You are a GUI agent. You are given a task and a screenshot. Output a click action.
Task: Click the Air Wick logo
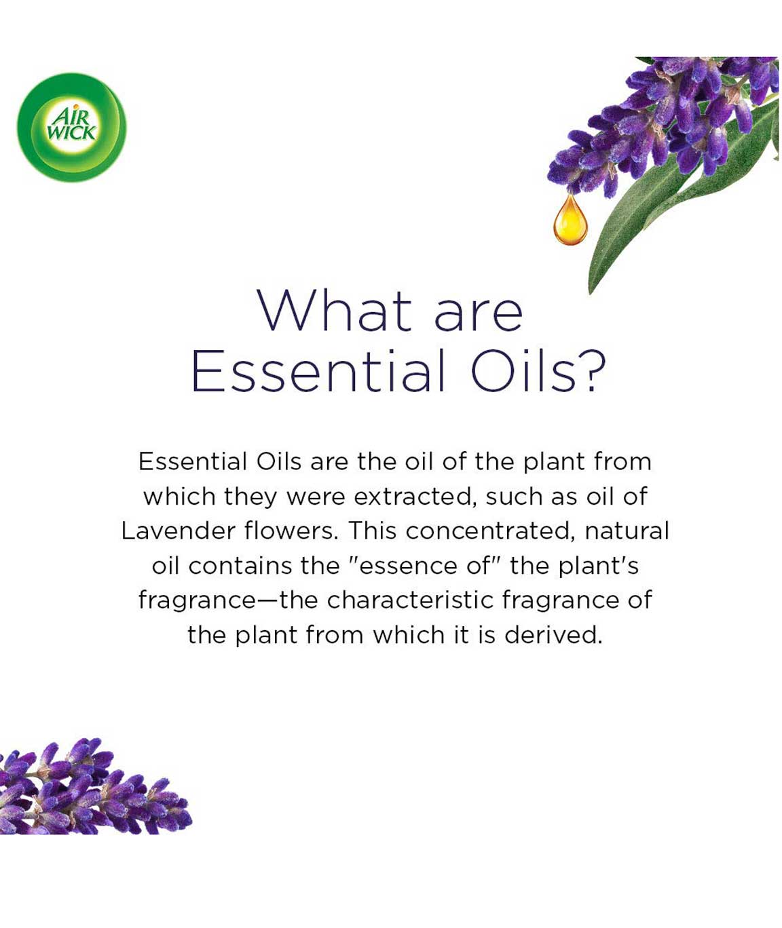tap(72, 128)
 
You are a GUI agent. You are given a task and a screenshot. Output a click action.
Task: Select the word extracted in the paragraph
tap(412, 497)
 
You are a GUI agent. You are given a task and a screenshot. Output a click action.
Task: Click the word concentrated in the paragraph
tap(488, 531)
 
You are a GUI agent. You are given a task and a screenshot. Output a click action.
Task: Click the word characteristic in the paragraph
tap(410, 600)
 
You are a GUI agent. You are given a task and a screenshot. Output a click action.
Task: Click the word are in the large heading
tap(478, 315)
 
